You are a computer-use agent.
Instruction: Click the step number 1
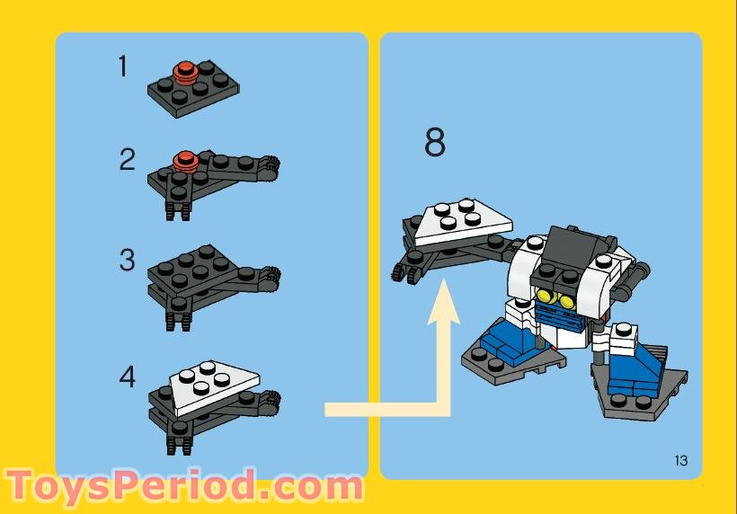123,66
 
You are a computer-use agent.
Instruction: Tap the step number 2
127,160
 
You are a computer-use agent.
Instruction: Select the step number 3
127,261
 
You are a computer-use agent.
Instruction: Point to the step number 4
127,376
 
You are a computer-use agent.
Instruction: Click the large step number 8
434,143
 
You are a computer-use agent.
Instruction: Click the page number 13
679,461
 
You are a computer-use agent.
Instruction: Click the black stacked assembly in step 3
207,279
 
